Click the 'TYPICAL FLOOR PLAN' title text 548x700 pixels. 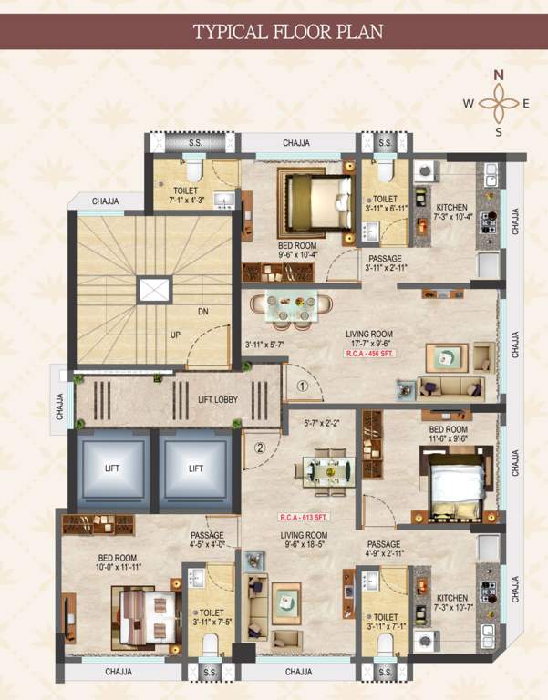click(x=287, y=33)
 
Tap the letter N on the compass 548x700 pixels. click(x=499, y=75)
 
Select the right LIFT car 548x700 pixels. click(x=196, y=468)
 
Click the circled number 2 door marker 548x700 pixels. click(x=260, y=448)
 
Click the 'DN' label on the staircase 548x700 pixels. click(x=202, y=312)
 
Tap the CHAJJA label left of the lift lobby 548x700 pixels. click(x=60, y=400)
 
